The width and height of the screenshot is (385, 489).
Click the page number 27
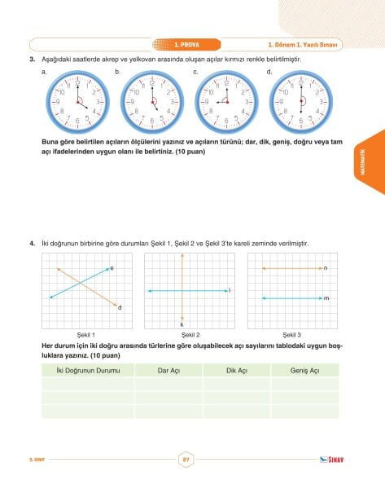pyautogui.click(x=186, y=460)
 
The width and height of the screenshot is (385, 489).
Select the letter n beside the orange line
pyautogui.click(x=325, y=267)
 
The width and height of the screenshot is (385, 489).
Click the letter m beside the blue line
pyautogui.click(x=325, y=299)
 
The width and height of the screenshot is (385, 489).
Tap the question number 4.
pyautogui.click(x=31, y=243)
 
